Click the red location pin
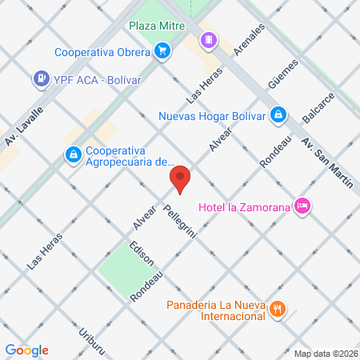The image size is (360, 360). pos(180,179)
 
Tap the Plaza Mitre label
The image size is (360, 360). pos(158,25)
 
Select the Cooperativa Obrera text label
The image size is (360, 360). pos(102,53)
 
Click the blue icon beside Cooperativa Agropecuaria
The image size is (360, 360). pos(72,153)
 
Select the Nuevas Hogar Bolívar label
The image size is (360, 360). pos(211,114)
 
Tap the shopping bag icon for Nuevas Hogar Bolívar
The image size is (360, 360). pos(277,114)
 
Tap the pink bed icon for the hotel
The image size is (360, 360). pos(302,206)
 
